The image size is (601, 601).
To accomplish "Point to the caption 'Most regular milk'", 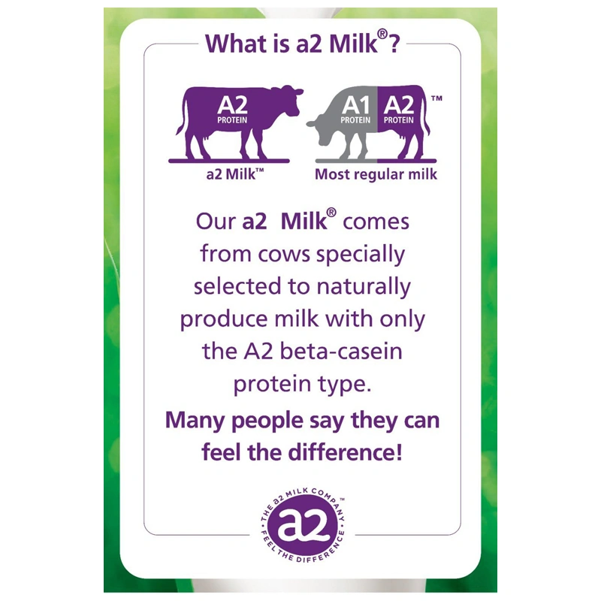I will coord(376,174).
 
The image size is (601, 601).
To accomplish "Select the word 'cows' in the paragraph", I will coord(295,255).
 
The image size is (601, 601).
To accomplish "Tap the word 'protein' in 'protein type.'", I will coord(270,385).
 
